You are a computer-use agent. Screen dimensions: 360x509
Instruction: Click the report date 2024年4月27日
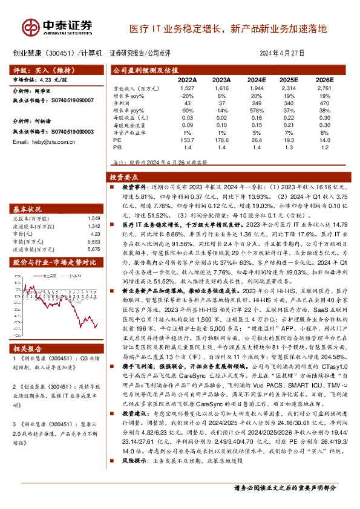pyautogui.click(x=280, y=53)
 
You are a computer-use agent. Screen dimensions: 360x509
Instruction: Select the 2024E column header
pyautogui.click(x=257, y=79)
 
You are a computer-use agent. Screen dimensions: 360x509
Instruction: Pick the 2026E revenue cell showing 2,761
pyautogui.click(x=326, y=88)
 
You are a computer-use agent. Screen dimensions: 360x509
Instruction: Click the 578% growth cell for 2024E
pyautogui.click(x=256, y=110)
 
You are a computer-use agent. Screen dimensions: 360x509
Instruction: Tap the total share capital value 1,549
pyautogui.click(x=93, y=217)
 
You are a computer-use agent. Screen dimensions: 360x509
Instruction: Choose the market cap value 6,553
pyautogui.click(x=93, y=241)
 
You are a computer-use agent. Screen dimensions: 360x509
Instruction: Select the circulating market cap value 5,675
pyautogui.click(x=93, y=248)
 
